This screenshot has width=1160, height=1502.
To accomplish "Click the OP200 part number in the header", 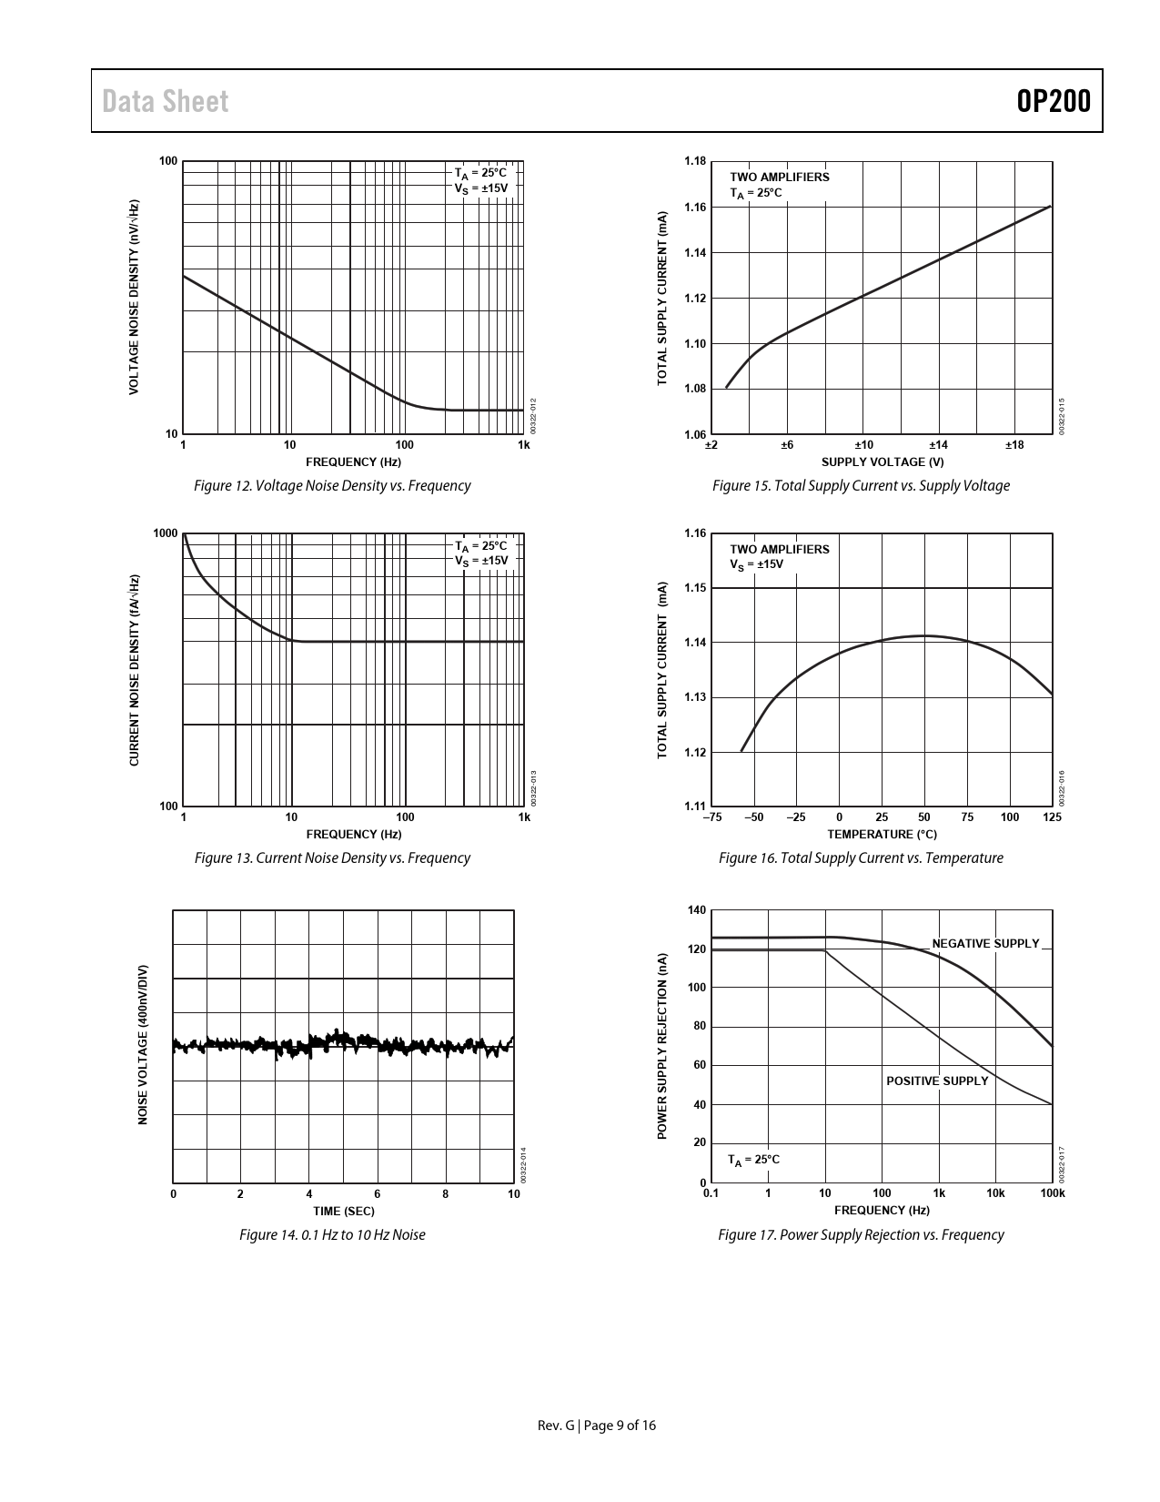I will [1054, 101].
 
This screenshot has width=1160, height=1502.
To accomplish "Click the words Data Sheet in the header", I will [166, 101].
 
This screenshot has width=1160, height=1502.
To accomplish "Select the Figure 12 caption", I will [332, 485].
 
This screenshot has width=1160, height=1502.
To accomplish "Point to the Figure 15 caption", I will [861, 485].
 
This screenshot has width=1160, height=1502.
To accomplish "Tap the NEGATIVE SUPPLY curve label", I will [985, 943].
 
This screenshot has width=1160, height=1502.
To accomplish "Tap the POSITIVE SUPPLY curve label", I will [937, 1081].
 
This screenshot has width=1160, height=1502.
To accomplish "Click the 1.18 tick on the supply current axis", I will [694, 161].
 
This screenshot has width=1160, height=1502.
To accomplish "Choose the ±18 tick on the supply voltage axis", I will [1014, 445].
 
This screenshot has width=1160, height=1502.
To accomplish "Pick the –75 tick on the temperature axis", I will [711, 817].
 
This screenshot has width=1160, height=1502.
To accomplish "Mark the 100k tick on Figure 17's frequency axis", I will [1053, 1192].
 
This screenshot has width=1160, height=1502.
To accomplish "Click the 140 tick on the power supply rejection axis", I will [697, 910].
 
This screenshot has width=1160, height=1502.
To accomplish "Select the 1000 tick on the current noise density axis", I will [166, 533].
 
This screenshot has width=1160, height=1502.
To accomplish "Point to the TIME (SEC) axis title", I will [343, 1211].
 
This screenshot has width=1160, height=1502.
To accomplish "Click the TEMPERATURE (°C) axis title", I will [882, 834].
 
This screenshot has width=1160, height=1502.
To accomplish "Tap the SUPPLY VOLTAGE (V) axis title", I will [882, 462].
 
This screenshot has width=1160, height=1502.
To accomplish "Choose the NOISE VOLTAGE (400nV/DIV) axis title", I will [143, 1045].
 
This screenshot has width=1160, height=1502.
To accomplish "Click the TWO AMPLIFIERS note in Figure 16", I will [780, 549].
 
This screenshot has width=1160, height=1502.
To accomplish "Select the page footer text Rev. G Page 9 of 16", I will [597, 1426].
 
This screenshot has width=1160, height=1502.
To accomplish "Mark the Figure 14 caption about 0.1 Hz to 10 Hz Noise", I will [332, 1234].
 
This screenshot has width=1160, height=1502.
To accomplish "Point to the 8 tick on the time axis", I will [446, 1194].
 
